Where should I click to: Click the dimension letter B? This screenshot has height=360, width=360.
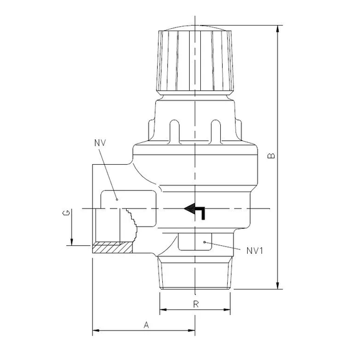pyautogui.click(x=271, y=156)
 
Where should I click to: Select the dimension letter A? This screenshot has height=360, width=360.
pyautogui.click(x=146, y=325)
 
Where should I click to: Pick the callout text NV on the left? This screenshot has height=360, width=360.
pyautogui.click(x=100, y=143)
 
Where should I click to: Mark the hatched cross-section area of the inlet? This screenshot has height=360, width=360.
pyautogui.click(x=112, y=248)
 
